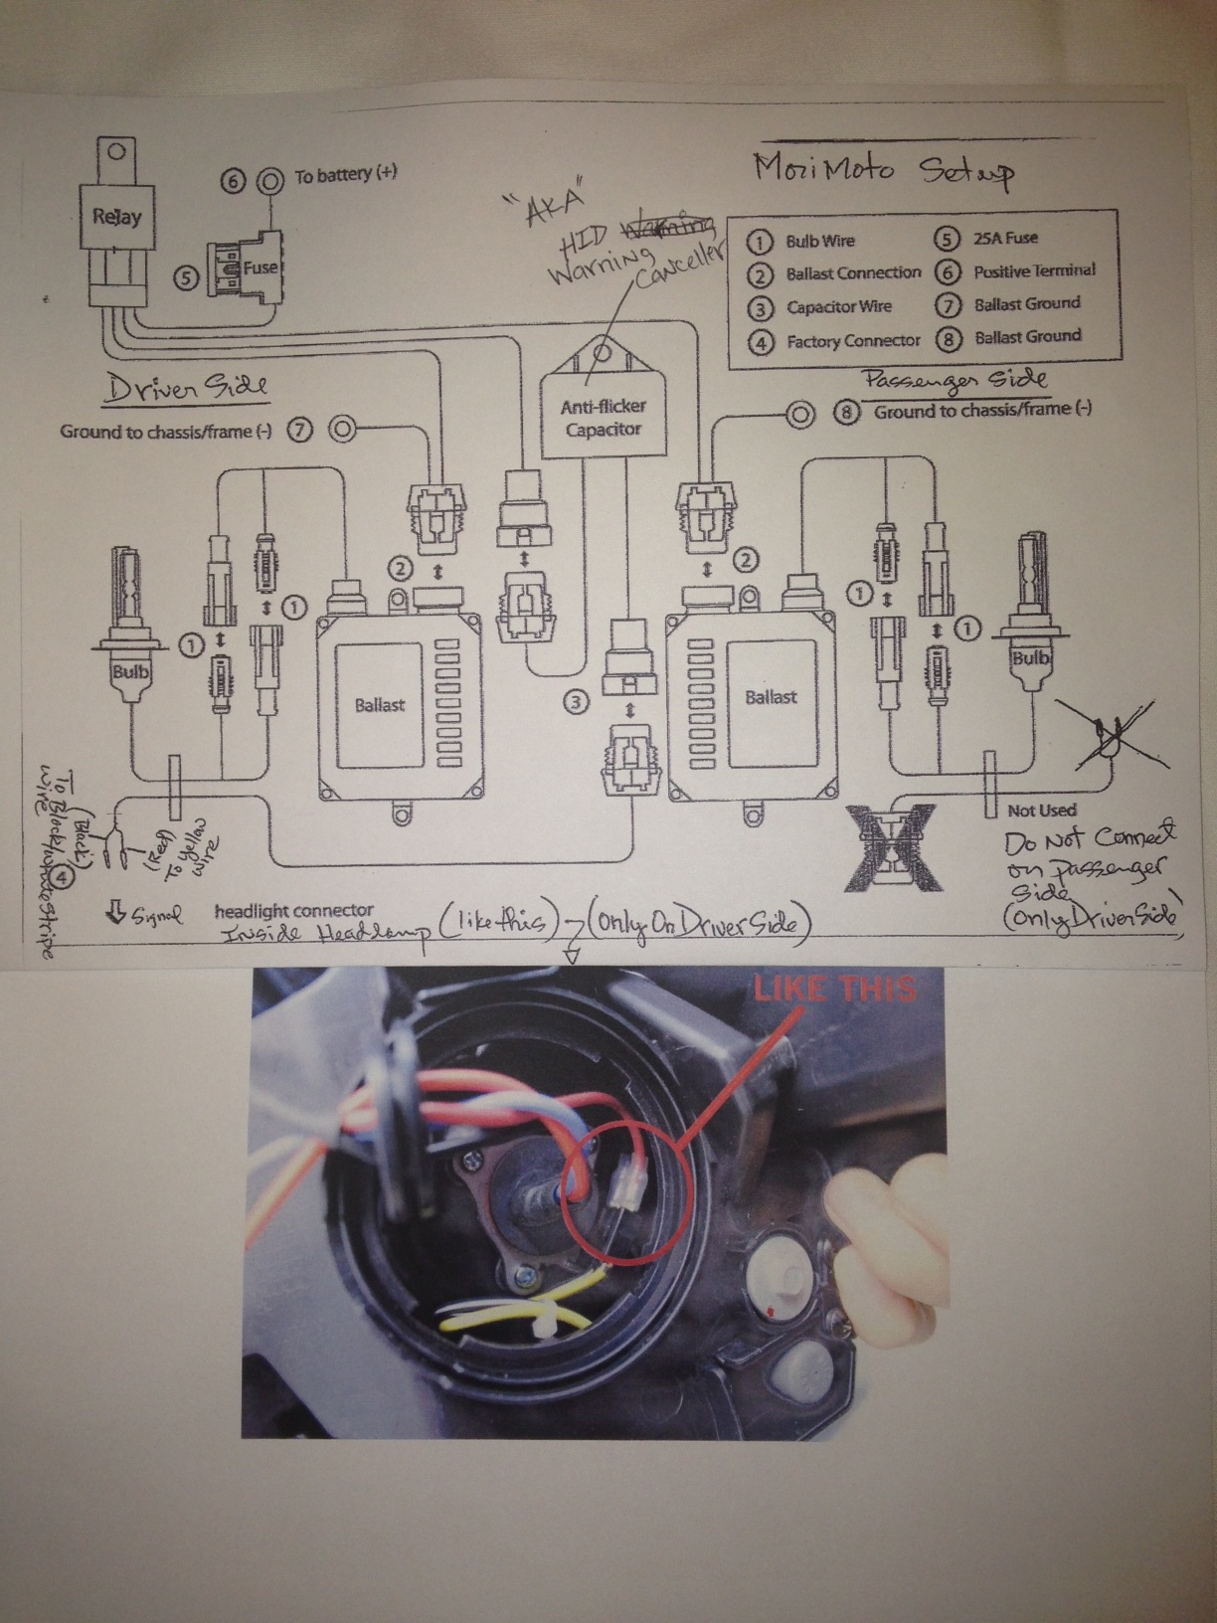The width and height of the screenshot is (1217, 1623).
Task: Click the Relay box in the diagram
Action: pos(117,217)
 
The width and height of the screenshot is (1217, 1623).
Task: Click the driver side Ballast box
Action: pos(380,704)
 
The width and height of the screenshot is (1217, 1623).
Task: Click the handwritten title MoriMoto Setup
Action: pos(882,169)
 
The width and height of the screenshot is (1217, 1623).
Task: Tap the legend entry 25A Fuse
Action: pos(1005,238)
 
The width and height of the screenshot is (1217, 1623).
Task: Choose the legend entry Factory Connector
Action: pos(853,341)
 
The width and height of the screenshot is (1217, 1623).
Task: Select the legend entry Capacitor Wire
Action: pos(839,306)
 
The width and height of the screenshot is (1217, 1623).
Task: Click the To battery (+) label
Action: pos(345,175)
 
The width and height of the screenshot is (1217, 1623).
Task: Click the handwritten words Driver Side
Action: pos(186,388)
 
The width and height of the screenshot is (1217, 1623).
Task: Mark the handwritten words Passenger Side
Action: pos(955,380)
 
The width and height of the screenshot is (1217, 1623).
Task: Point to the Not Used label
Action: pos(1041,811)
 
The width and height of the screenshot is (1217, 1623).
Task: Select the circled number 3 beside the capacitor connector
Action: pos(576,703)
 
